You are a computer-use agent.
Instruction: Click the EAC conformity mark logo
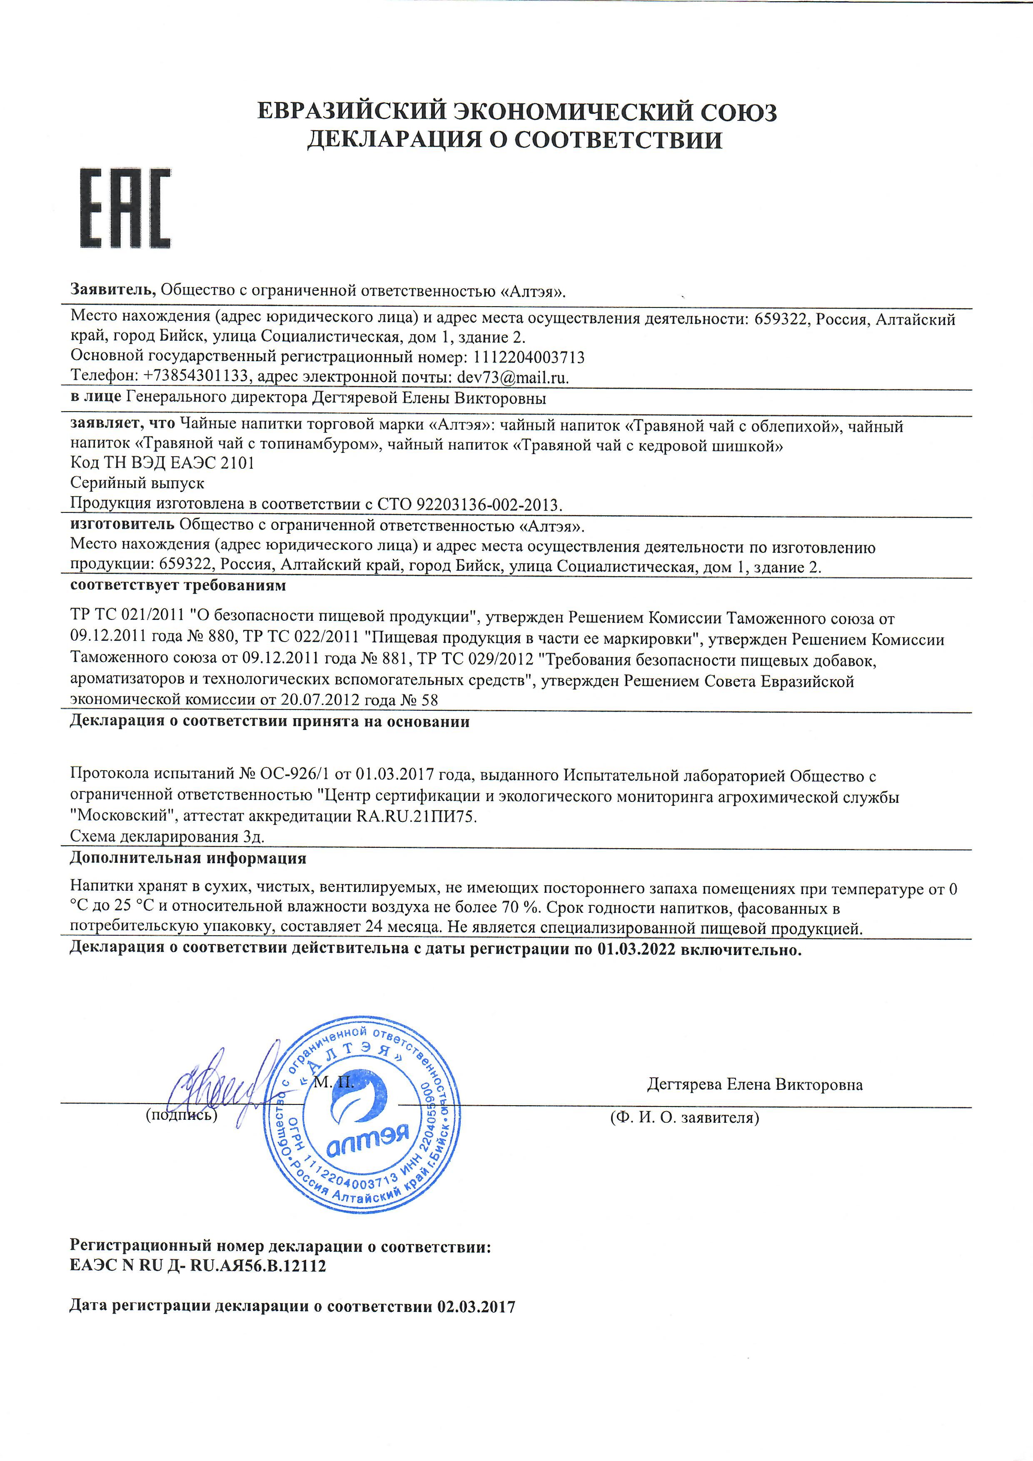pos(125,208)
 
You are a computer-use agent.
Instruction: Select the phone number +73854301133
pos(196,377)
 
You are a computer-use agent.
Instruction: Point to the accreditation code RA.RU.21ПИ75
pos(417,817)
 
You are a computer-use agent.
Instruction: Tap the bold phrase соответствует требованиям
pos(178,585)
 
